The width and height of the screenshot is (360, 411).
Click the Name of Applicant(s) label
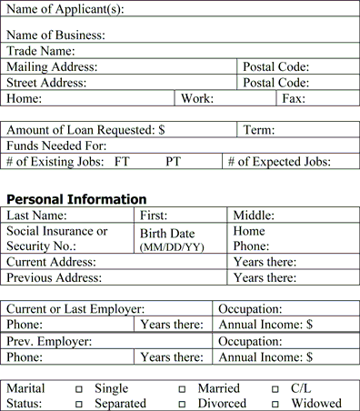[65, 10]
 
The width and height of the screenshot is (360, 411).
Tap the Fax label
[294, 98]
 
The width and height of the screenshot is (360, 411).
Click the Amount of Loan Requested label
[85, 130]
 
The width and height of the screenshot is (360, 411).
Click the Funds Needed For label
[56, 145]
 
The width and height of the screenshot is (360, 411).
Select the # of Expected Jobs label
[279, 162]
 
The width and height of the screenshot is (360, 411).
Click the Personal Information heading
[76, 199]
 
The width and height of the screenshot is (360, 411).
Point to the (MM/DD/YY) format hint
[171, 246]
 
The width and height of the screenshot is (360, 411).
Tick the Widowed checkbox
[275, 404]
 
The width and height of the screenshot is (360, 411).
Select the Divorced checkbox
[182, 404]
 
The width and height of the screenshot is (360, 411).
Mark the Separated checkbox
[79, 404]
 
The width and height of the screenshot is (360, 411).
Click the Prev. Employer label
[49, 341]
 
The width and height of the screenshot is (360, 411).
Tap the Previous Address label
[55, 277]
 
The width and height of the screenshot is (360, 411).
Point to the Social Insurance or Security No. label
[56, 238]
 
